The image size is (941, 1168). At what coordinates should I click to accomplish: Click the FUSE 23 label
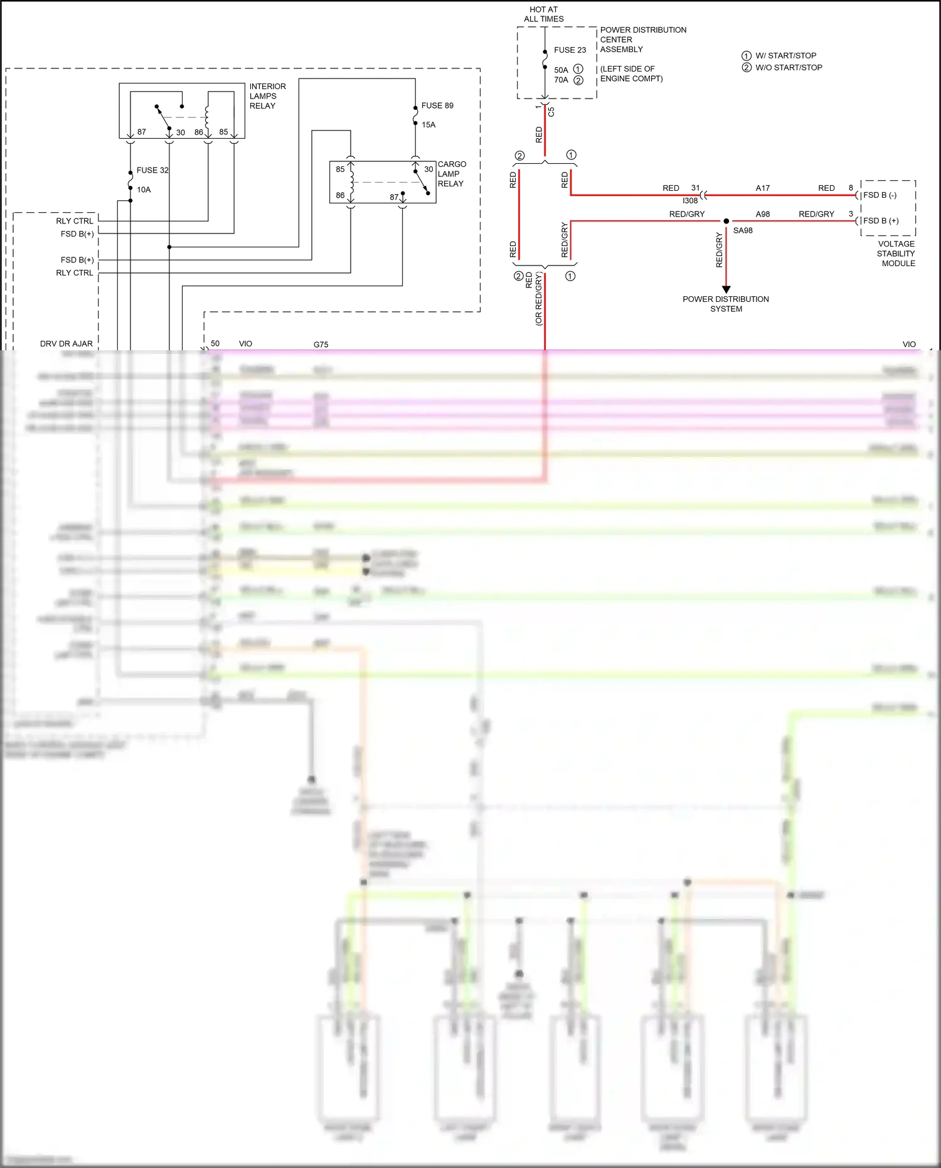(570, 50)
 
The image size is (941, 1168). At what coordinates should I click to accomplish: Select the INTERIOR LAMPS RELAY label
(267, 96)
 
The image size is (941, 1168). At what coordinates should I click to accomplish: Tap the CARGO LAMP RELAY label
(452, 174)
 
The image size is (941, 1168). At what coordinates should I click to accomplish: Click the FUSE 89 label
(437, 105)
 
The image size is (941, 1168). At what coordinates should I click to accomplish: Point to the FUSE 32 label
(152, 170)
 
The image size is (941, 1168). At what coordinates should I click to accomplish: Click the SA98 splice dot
(726, 221)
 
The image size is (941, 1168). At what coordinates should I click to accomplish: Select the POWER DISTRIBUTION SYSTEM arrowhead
(726, 289)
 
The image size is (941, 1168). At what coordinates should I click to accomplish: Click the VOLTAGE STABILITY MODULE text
(896, 254)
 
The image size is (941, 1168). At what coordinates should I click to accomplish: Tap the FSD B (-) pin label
(880, 195)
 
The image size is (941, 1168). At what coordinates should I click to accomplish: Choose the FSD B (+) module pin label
(881, 221)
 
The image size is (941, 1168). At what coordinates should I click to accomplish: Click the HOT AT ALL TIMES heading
(543, 14)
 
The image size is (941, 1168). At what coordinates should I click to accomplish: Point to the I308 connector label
(690, 201)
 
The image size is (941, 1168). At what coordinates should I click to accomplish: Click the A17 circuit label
(762, 188)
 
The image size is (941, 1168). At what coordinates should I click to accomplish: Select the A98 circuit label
(762, 214)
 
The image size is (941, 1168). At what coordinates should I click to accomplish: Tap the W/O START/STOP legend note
(788, 68)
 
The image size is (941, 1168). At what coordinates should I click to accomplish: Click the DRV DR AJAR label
(66, 344)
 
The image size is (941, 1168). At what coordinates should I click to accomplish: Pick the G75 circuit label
(321, 345)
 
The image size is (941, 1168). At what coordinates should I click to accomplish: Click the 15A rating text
(428, 125)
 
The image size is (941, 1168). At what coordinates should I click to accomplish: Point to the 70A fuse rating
(561, 80)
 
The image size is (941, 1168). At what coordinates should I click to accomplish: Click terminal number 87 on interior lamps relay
(142, 132)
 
